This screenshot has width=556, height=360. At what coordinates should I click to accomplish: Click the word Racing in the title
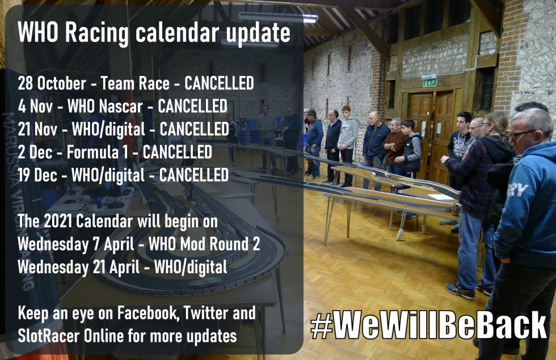tap(97, 33)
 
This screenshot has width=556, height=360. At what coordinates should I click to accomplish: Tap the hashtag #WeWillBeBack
tap(428, 325)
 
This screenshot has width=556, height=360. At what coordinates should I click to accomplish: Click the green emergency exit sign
tap(429, 82)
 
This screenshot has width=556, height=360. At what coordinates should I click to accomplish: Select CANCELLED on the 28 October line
tap(219, 83)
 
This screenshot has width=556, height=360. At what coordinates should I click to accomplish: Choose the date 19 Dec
tap(37, 175)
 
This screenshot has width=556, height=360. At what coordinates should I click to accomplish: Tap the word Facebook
tap(148, 313)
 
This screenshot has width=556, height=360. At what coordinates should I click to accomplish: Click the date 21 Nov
tap(37, 129)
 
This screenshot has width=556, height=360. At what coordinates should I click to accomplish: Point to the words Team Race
tap(135, 83)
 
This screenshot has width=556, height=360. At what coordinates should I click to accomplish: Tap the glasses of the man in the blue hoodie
tap(523, 134)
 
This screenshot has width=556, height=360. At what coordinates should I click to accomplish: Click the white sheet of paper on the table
tap(441, 197)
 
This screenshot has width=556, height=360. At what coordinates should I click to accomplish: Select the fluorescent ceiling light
tap(278, 16)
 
